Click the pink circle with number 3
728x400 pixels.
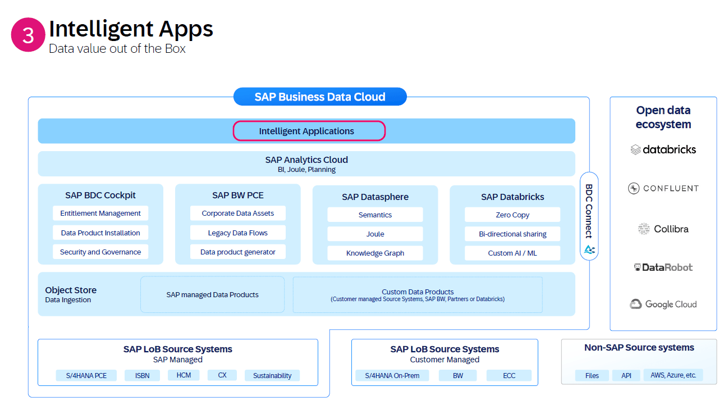(x=28, y=35)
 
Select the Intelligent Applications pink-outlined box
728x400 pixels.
(x=309, y=131)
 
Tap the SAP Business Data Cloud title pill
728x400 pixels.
(x=320, y=97)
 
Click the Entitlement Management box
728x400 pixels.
(x=100, y=213)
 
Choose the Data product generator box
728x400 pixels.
(x=238, y=252)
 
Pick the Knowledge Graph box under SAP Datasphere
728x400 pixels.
(x=375, y=253)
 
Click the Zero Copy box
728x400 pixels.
(x=512, y=215)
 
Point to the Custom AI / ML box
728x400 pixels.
(x=512, y=253)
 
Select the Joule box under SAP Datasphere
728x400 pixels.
(x=375, y=234)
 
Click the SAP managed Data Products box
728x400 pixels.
(x=212, y=294)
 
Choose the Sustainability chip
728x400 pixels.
(x=272, y=375)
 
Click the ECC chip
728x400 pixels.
(x=509, y=375)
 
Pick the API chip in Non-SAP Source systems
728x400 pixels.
(x=626, y=375)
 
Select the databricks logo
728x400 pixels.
(x=663, y=149)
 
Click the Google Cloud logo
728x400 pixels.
(x=663, y=304)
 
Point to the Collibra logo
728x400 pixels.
(x=663, y=229)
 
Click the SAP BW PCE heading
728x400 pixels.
(x=238, y=196)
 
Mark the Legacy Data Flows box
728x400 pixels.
(x=238, y=233)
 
